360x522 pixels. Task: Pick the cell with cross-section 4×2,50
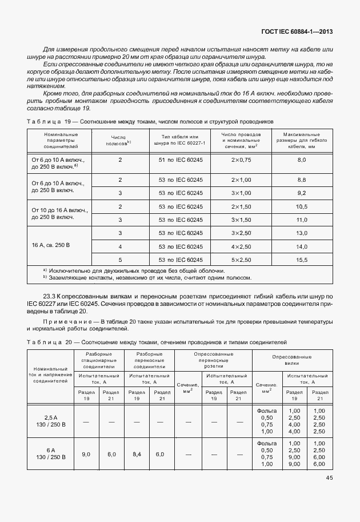(x=241, y=246)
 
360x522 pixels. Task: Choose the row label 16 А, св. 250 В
(x=51, y=245)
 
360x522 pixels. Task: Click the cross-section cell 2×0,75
(x=241, y=161)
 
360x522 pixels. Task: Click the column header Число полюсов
(x=120, y=140)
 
